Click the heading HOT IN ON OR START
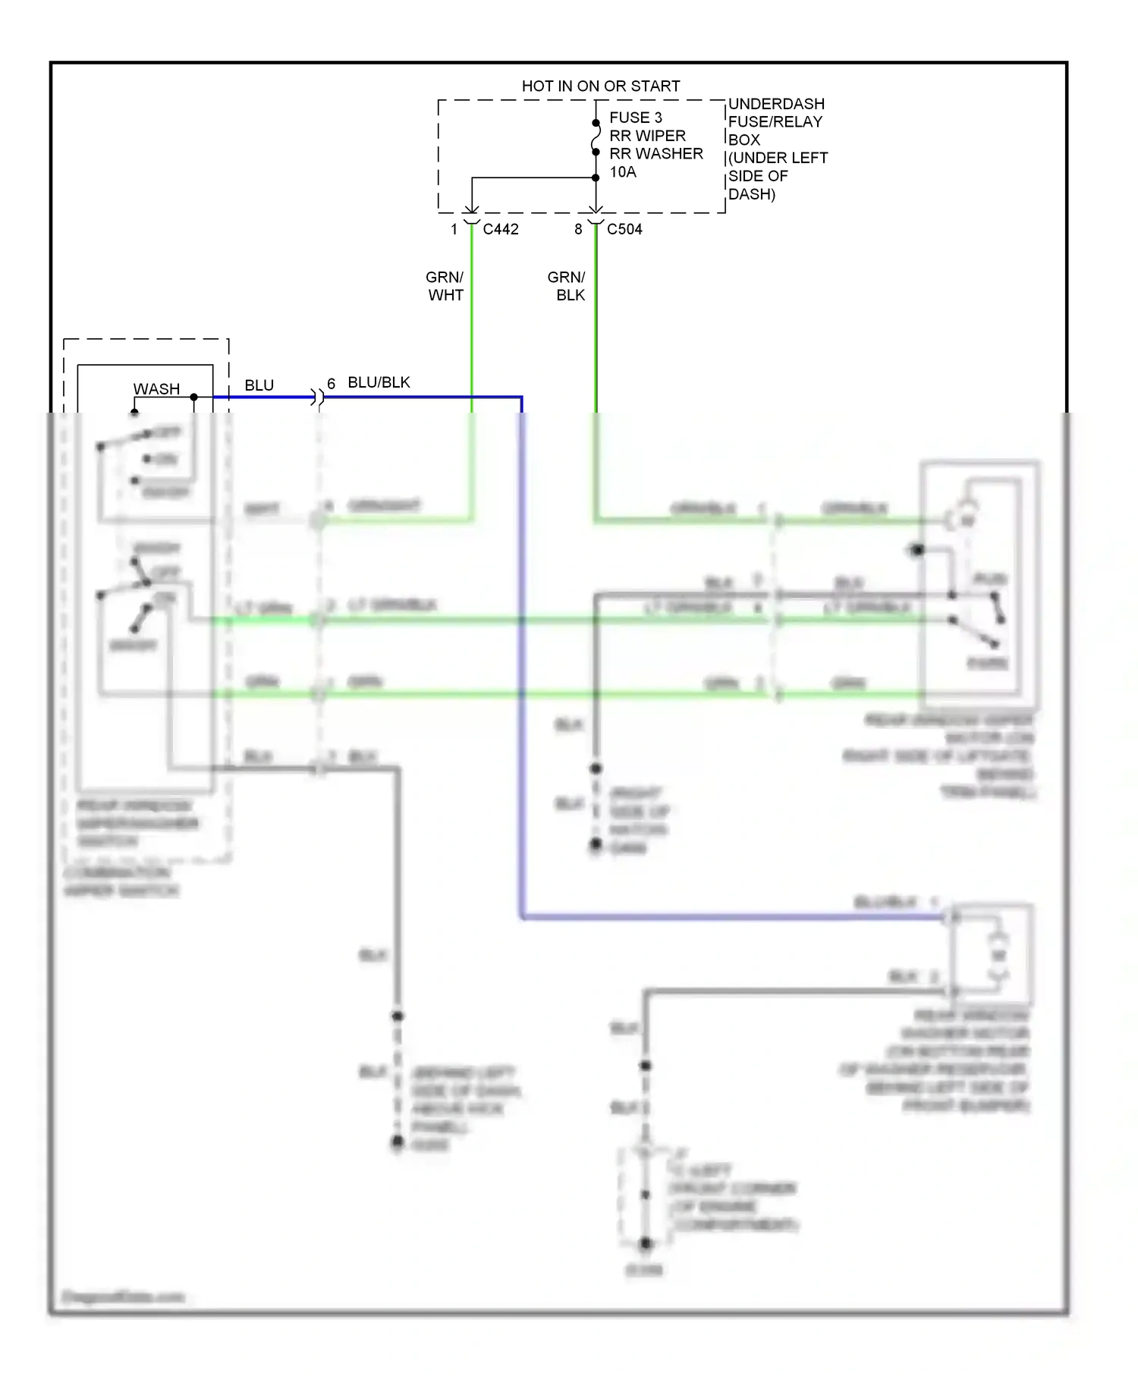pos(600,86)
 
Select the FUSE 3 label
pos(635,118)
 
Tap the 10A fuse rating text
pos(622,172)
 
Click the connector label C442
pos(500,229)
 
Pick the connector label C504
pos(624,229)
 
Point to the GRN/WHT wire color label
pos(445,286)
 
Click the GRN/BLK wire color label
pos(567,286)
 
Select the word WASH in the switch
pos(156,389)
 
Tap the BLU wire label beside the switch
pos(259,385)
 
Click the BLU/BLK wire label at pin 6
pos(379,382)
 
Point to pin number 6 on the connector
pos(331,384)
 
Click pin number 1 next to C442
pos(454,229)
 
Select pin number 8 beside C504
pos(578,229)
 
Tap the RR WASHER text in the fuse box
pos(655,154)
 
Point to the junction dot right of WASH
pos(194,397)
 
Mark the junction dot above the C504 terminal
pos(596,178)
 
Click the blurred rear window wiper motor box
pos(979,584)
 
